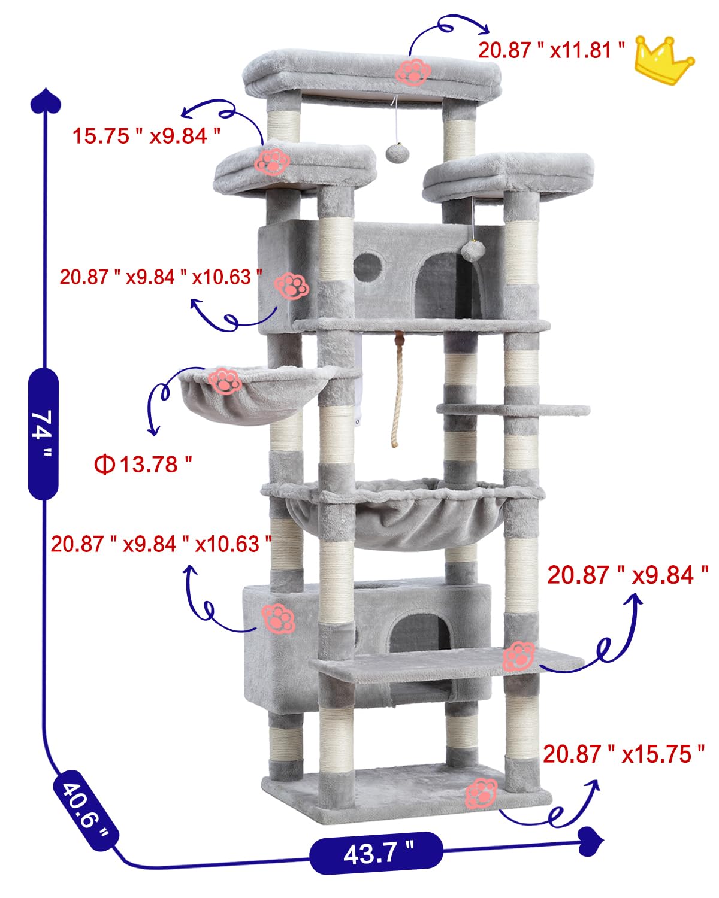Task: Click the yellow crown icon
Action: pos(664,61)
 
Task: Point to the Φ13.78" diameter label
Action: pos(144,464)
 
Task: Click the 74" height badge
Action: pos(43,433)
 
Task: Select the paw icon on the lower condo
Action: pos(278,619)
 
